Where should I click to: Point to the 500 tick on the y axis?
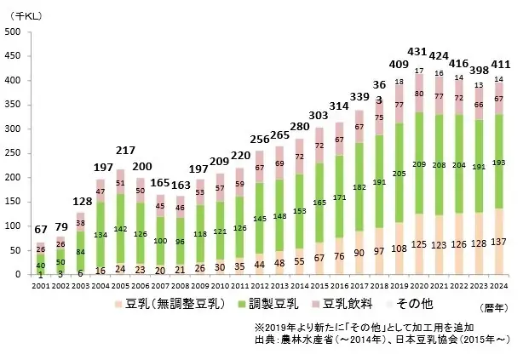pyautogui.click(x=14, y=32)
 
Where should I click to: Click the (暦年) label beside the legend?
pyautogui.click(x=490, y=307)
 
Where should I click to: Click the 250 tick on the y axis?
pyautogui.click(x=14, y=153)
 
